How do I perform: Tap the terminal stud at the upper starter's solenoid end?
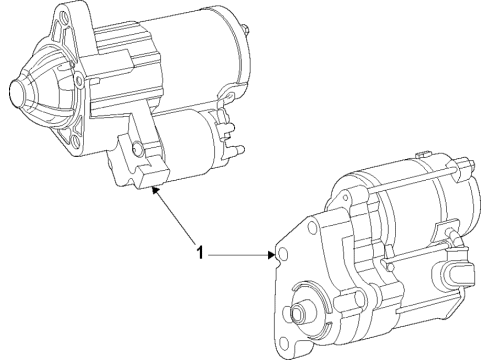tap(240, 150)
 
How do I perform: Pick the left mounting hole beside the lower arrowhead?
tap(281, 256)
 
